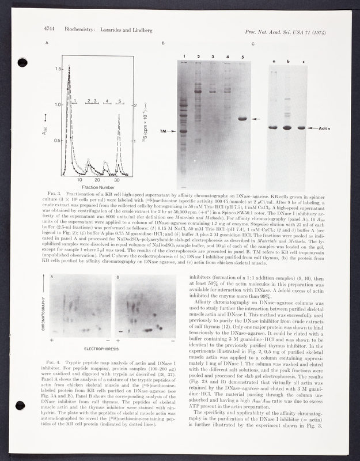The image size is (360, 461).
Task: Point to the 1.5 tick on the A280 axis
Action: click(x=56, y=69)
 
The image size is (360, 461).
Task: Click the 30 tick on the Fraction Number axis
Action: click(x=117, y=180)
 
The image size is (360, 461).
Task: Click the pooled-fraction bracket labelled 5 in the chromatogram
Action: click(x=119, y=102)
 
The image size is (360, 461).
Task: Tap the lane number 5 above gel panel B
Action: click(x=242, y=57)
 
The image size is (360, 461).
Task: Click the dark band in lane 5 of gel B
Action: click(x=242, y=119)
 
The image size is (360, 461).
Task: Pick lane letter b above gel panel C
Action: click(x=288, y=61)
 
